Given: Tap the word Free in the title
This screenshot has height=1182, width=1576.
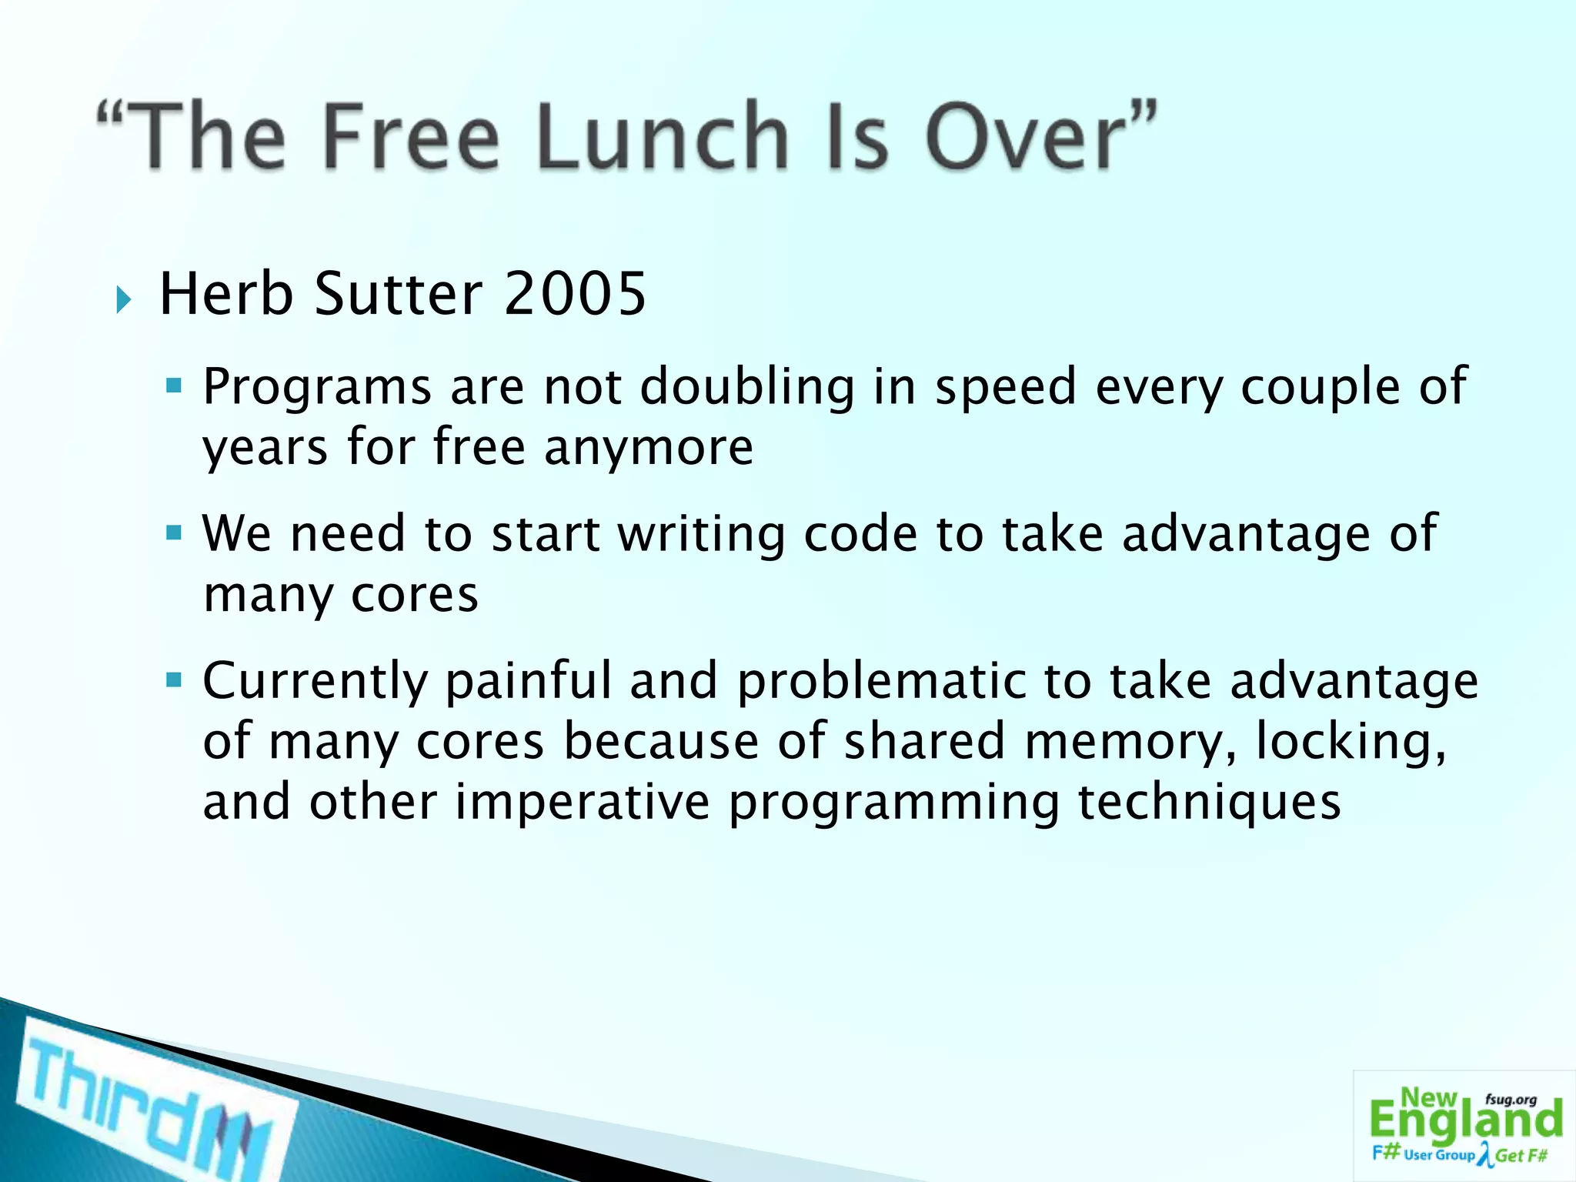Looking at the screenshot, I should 411,137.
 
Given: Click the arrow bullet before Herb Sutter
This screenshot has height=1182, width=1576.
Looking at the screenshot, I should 124,299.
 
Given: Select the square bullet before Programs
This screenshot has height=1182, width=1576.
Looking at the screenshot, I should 174,384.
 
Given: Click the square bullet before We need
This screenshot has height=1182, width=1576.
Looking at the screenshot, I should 174,532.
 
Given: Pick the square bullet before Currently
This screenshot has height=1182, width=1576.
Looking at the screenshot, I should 174,679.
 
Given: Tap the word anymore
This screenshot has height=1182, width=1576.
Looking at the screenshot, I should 649,447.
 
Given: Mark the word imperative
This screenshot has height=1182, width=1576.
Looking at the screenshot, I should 583,803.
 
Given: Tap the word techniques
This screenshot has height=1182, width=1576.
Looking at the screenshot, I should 1210,803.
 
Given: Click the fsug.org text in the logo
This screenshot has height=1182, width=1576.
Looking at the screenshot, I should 1511,1100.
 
